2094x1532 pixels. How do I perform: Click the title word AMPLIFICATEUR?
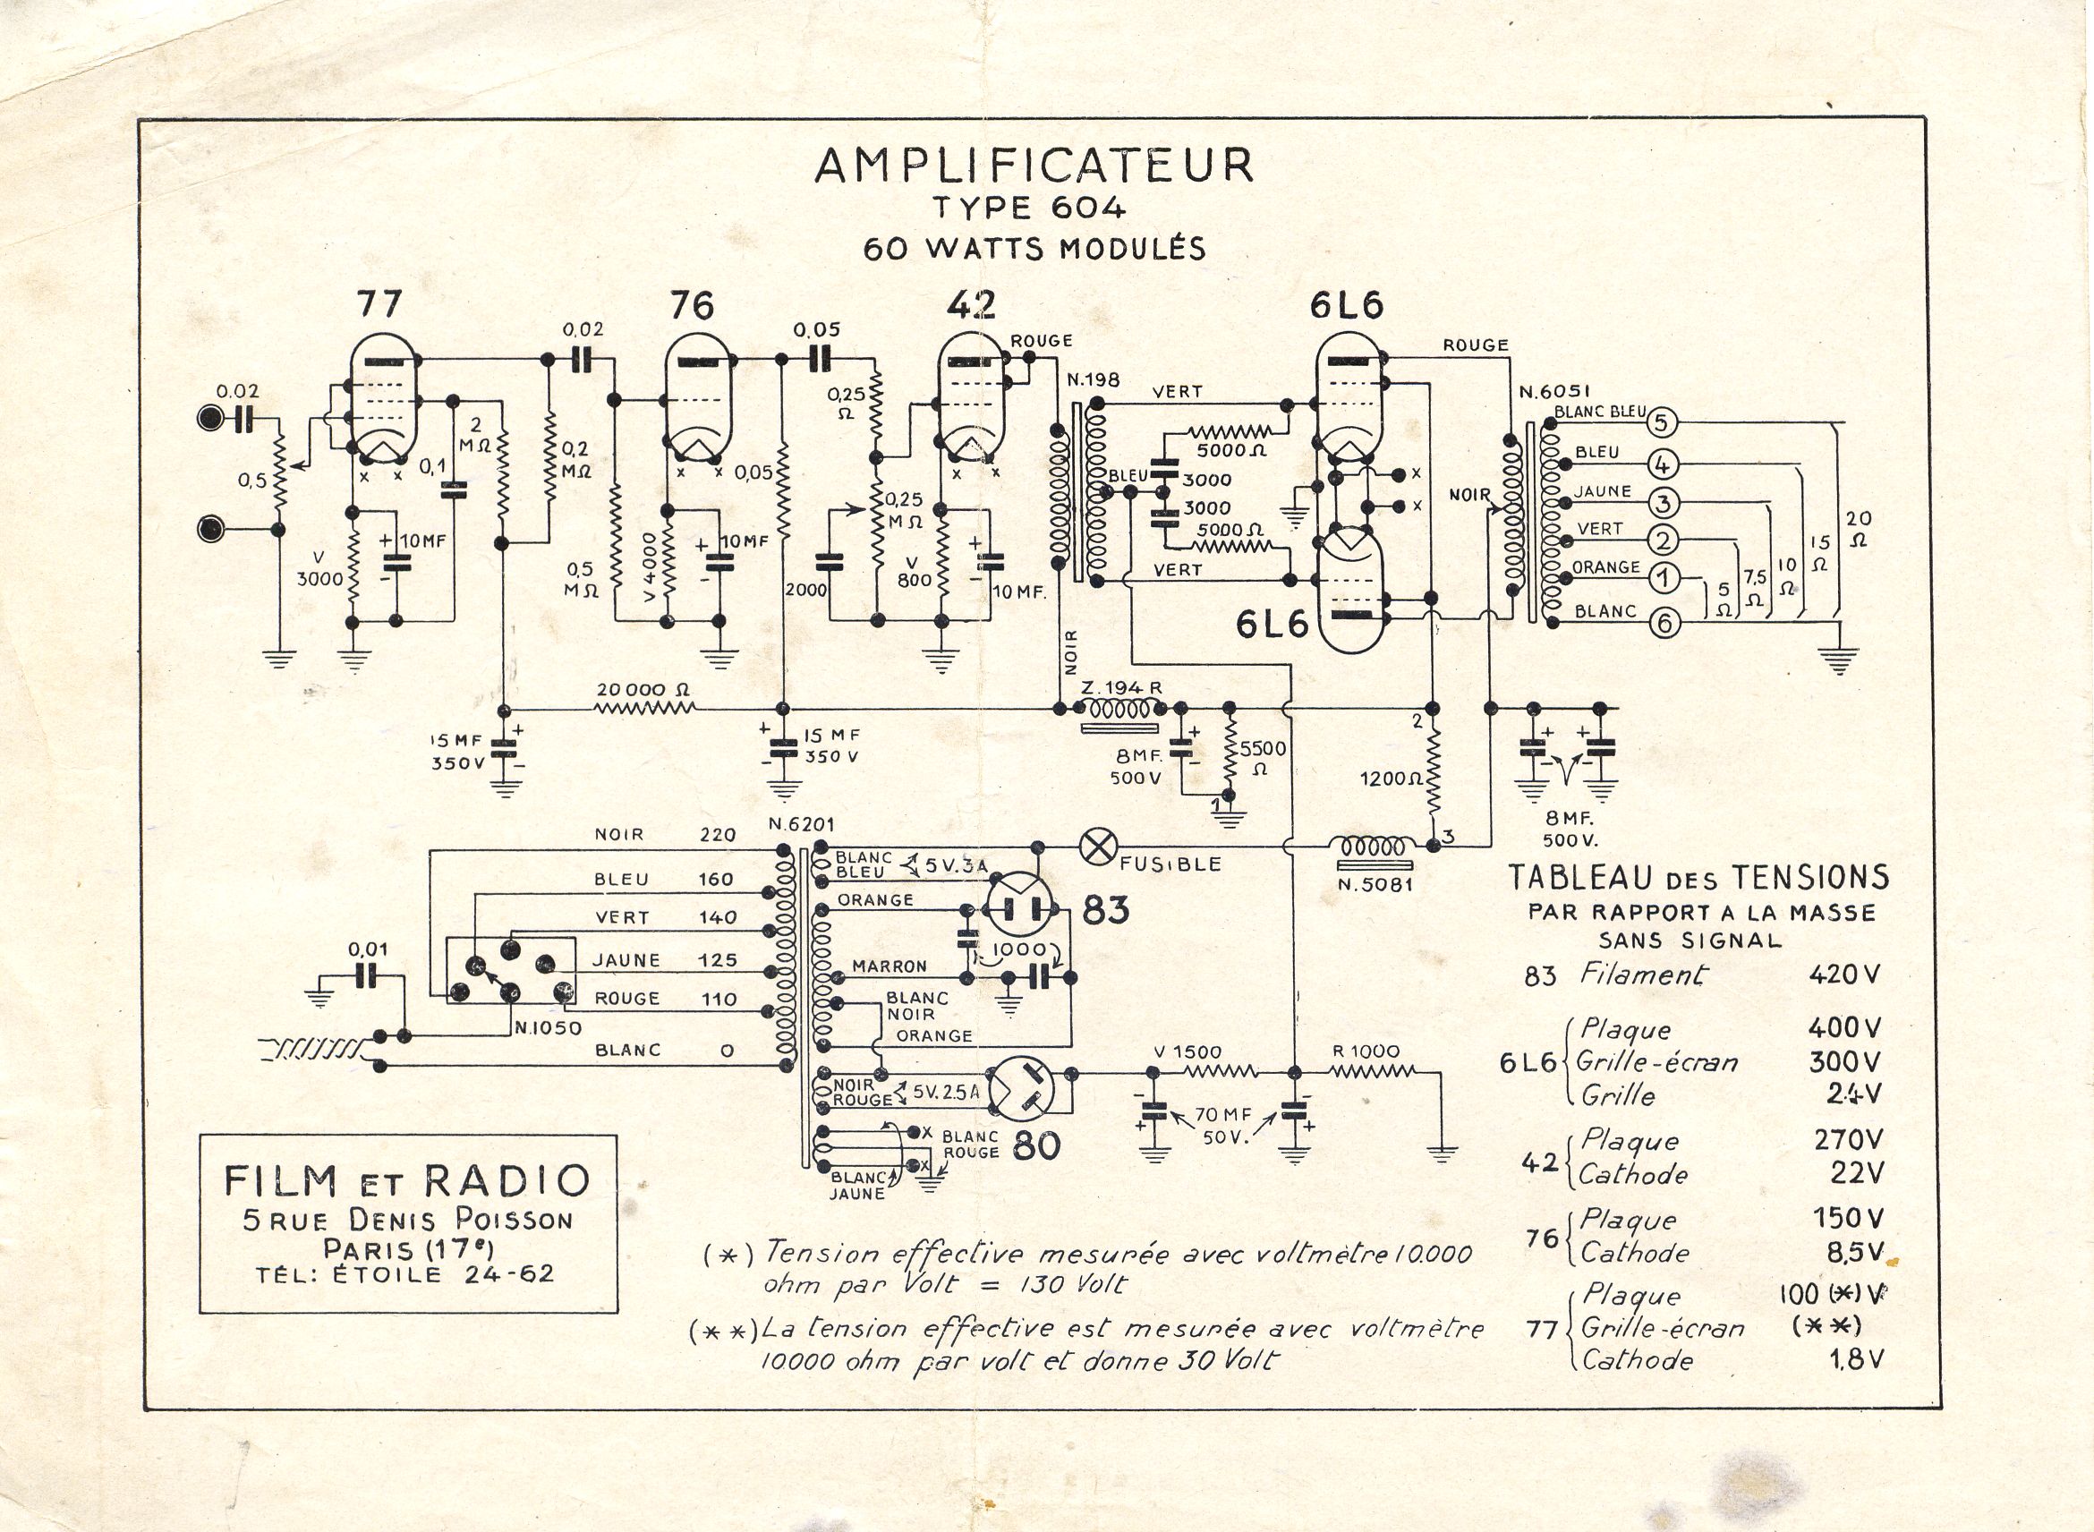1034,167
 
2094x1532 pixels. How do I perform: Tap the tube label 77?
379,304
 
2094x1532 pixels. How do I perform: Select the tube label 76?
691,305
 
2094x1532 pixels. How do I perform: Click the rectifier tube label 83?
1105,910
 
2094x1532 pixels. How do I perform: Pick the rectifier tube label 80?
1036,1146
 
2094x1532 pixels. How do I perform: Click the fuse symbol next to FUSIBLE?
1098,847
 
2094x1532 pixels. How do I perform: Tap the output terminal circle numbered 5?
1661,423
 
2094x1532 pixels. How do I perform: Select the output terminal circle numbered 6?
1664,623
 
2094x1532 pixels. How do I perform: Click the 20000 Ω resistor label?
643,690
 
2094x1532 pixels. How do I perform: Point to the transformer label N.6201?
801,824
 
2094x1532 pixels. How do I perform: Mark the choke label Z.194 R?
1121,687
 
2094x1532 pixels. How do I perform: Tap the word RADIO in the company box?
506,1180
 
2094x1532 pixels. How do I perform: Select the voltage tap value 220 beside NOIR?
718,835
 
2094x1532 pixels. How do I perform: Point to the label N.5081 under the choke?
1375,884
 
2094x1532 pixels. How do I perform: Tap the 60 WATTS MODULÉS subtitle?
1034,249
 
